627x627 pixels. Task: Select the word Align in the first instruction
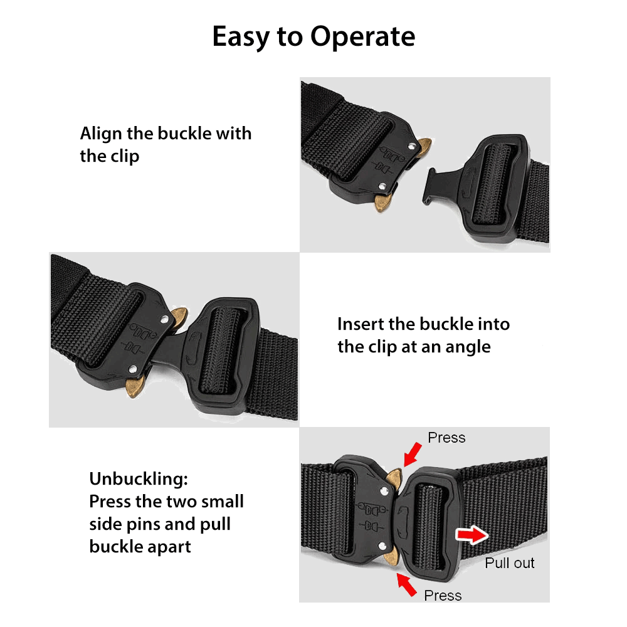[99, 134]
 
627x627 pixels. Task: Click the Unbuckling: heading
[138, 480]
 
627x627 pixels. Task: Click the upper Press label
[446, 438]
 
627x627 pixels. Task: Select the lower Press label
[443, 595]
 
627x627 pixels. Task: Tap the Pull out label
[510, 563]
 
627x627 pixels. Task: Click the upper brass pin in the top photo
[424, 147]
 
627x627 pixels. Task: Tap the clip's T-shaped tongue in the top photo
[433, 185]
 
